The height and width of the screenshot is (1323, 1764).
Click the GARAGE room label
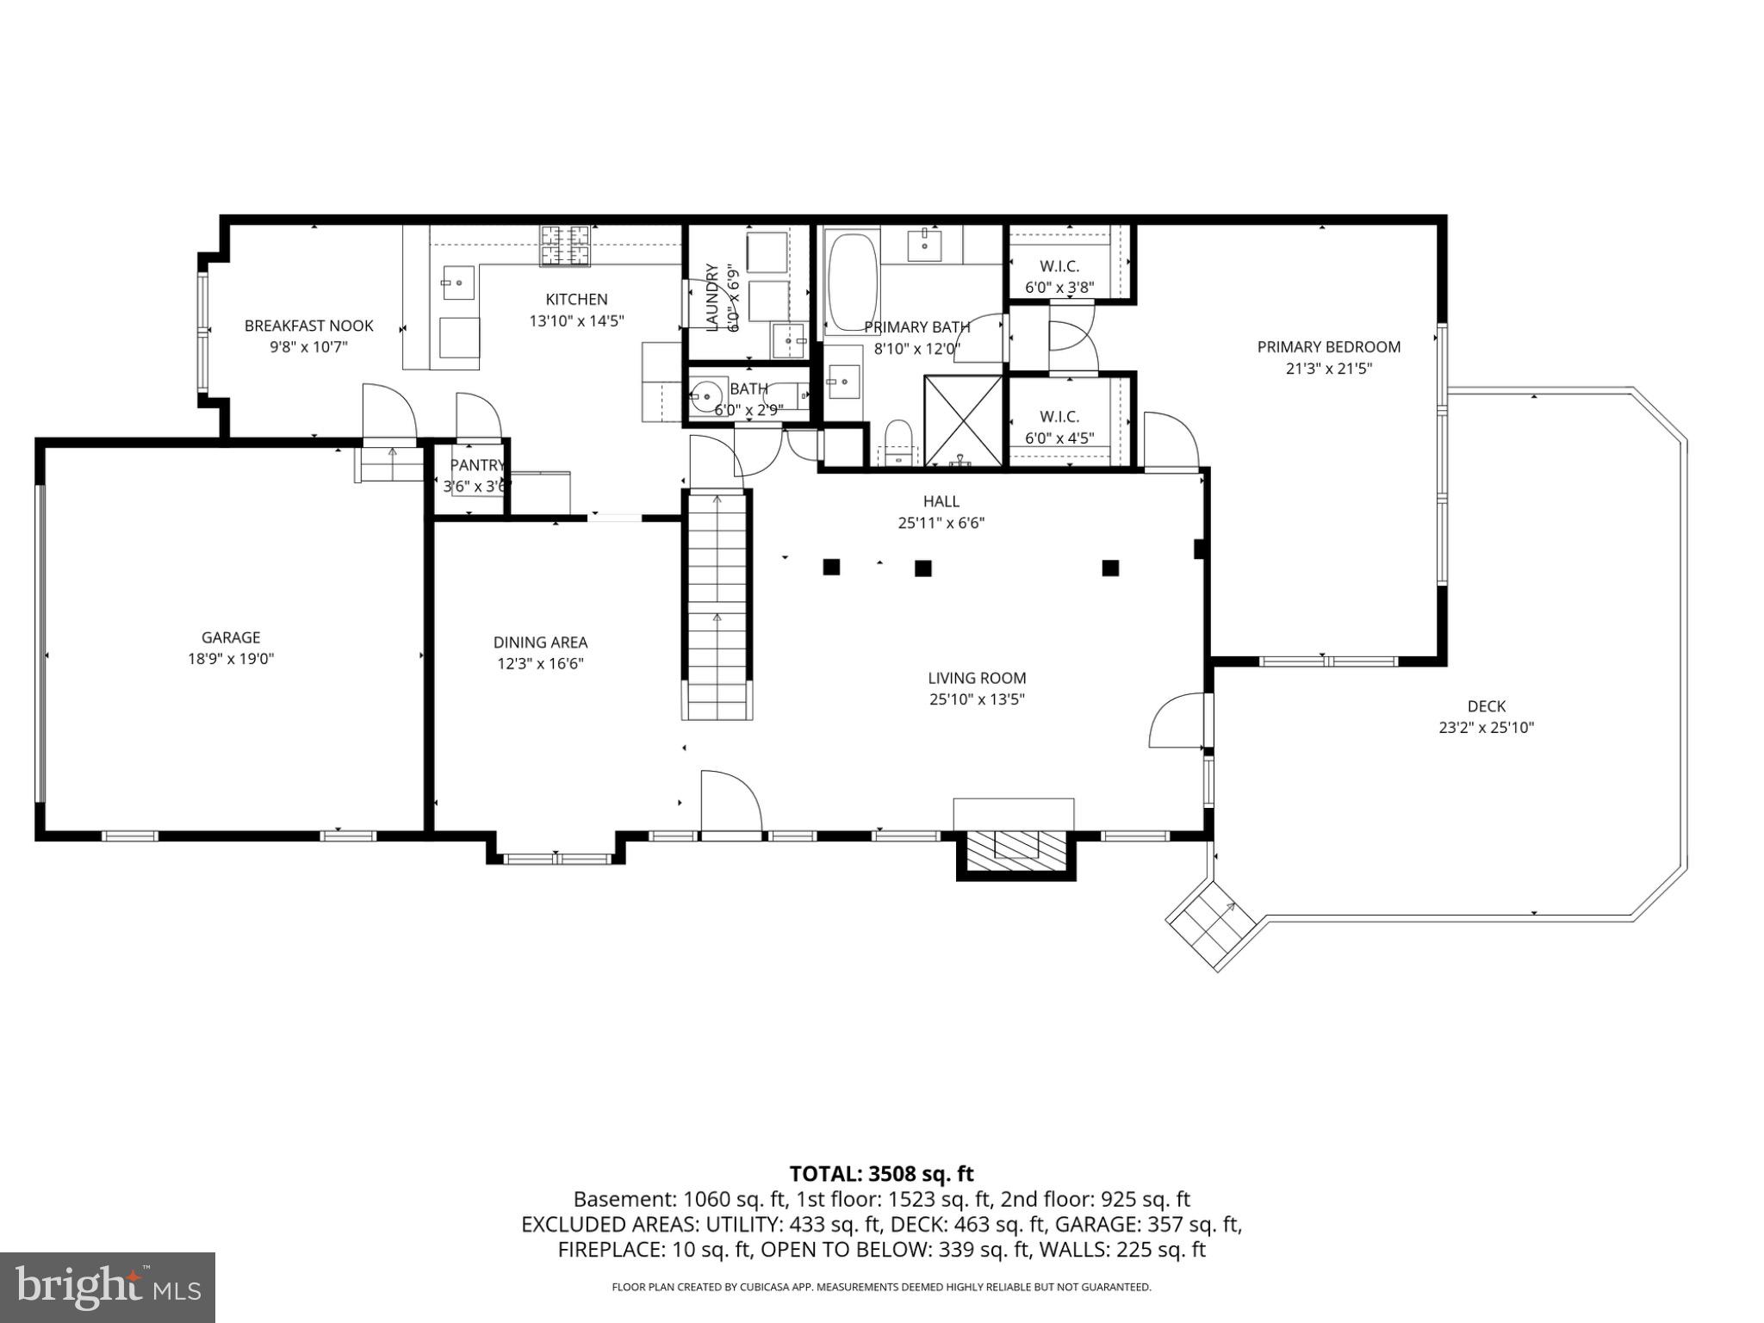click(230, 637)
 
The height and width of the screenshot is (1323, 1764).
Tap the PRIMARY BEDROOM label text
click(1328, 347)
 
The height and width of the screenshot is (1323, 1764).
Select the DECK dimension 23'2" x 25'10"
click(1486, 728)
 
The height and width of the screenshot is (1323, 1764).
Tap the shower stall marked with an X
click(963, 421)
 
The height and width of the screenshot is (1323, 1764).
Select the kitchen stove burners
click(566, 244)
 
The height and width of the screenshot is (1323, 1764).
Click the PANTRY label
click(475, 465)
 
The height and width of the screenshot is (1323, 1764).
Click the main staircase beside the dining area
click(717, 603)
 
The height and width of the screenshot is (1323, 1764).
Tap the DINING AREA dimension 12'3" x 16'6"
click(540, 664)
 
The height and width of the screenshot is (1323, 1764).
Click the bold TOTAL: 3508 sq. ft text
click(881, 1173)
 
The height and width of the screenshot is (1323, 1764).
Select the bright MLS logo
click(107, 1287)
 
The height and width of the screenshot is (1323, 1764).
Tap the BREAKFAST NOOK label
click(308, 326)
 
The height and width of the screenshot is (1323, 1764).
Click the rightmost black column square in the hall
click(1110, 568)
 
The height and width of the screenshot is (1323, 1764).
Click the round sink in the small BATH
click(707, 396)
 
